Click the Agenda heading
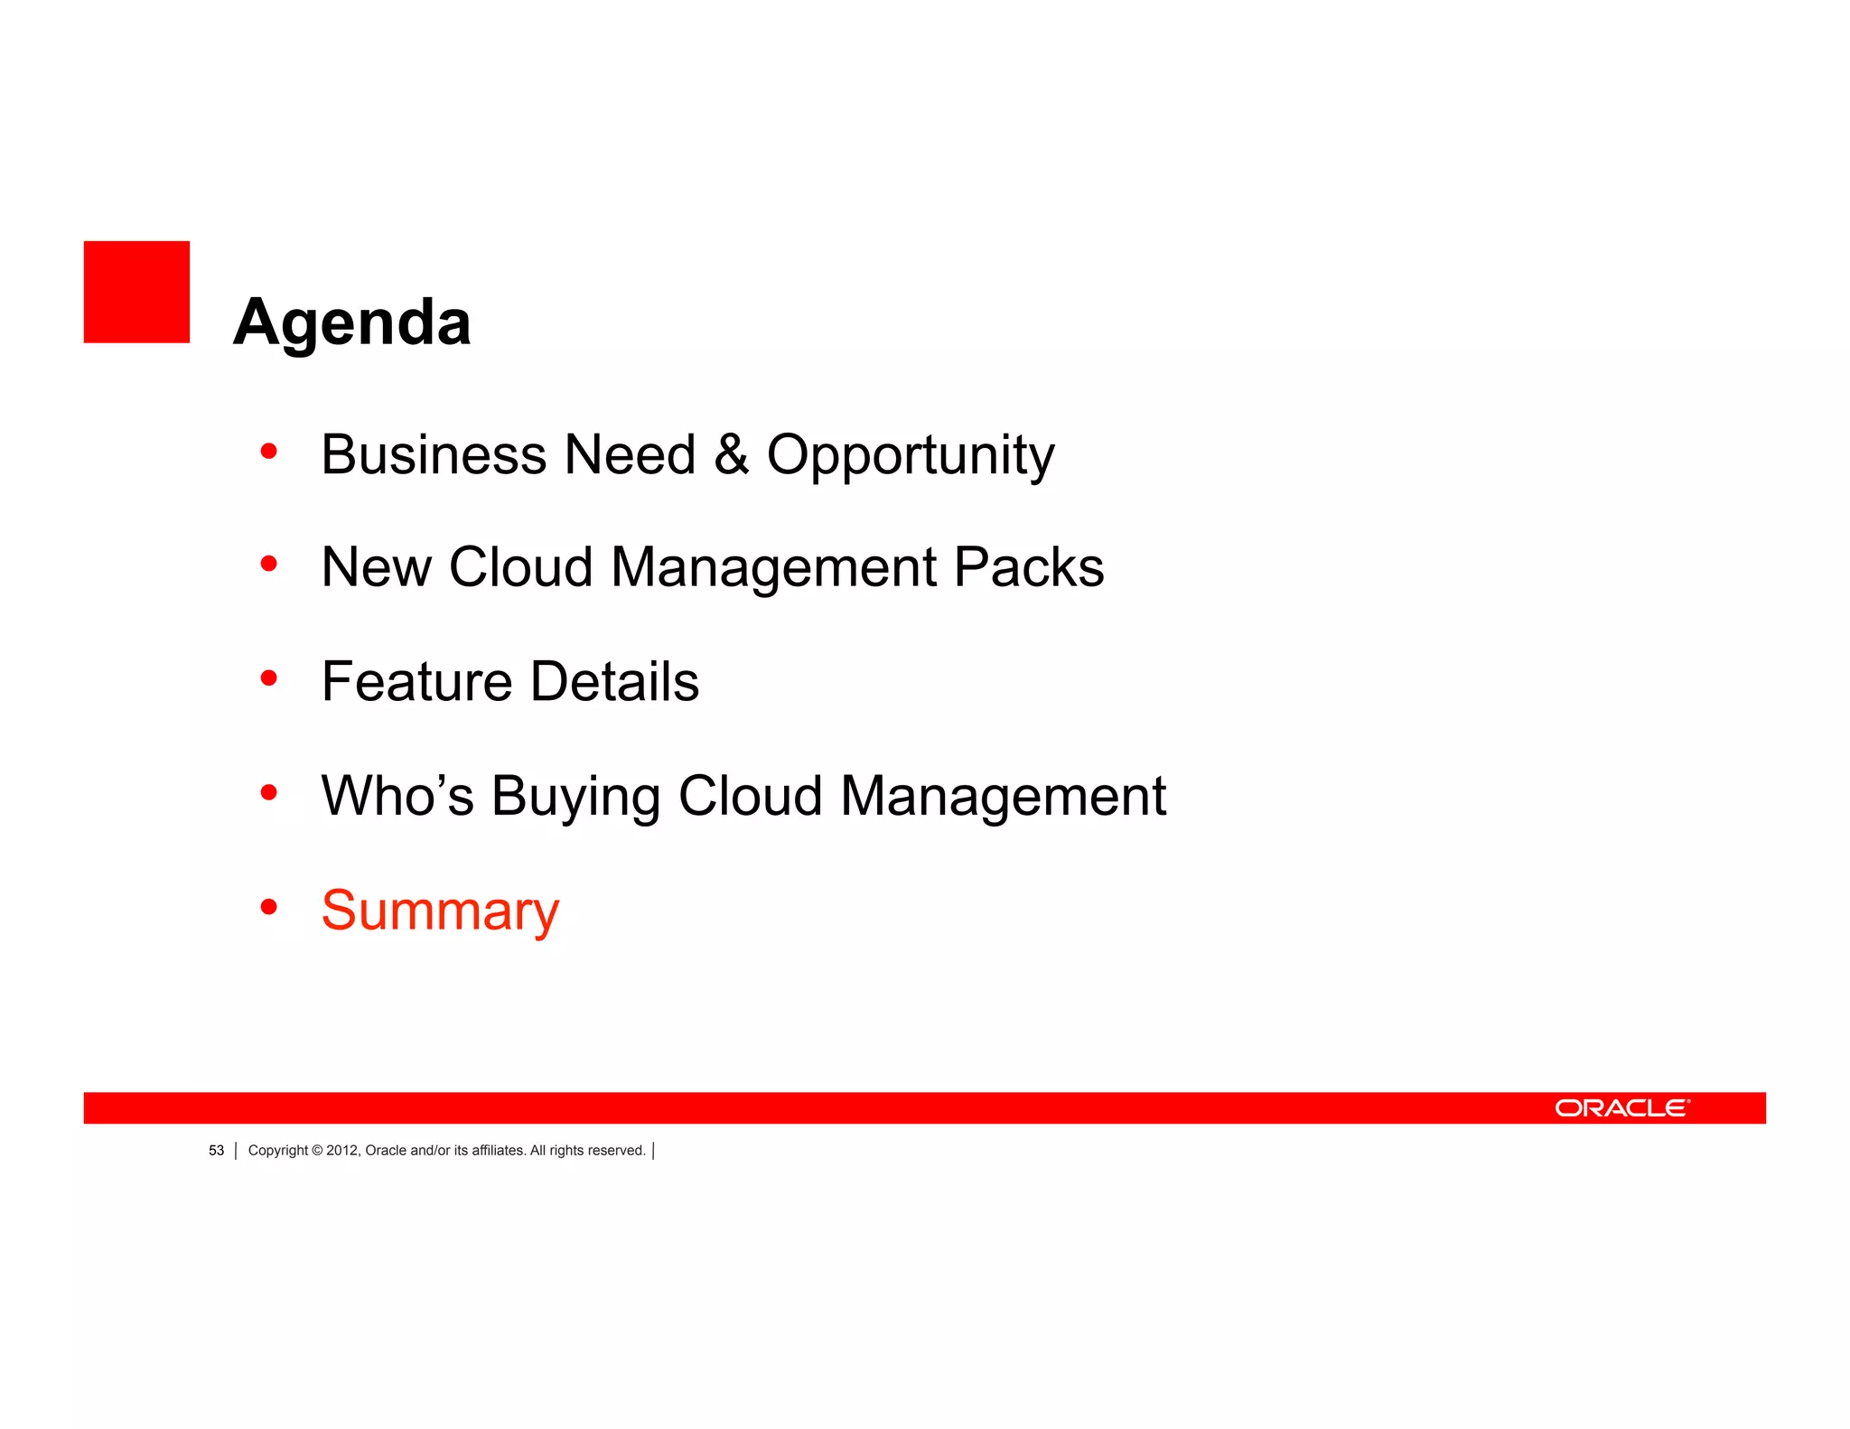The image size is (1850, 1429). click(x=351, y=322)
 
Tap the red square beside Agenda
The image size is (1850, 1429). click(x=136, y=292)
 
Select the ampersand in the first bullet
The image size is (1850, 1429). click(x=731, y=454)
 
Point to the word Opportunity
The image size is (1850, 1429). click(x=910, y=456)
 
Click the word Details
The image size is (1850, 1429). click(x=614, y=681)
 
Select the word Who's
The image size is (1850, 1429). click(x=397, y=796)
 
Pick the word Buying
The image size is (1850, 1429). click(x=575, y=798)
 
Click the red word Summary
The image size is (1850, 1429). click(x=440, y=911)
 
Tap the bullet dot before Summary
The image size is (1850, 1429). click(x=268, y=906)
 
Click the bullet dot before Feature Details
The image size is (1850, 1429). click(x=268, y=677)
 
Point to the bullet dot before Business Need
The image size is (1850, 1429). click(x=268, y=450)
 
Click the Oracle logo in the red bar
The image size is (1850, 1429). click(x=1621, y=1108)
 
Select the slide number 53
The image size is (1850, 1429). click(x=216, y=1151)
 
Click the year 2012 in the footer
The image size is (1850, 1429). click(x=341, y=1151)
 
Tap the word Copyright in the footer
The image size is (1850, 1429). click(x=277, y=1151)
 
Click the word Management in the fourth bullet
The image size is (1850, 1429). click(x=1003, y=796)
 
